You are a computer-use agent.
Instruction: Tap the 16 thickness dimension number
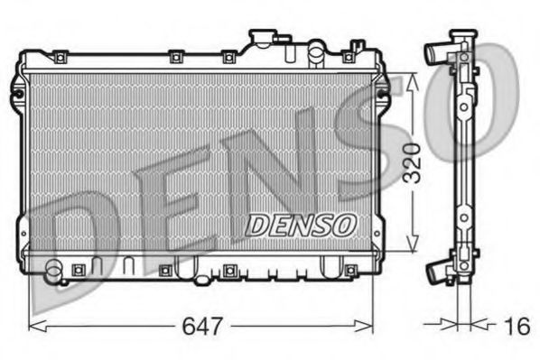tap(517, 326)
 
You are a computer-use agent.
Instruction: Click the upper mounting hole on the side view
tap(463, 106)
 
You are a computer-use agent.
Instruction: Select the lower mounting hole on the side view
tap(463, 218)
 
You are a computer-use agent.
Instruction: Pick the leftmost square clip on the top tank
tap(59, 58)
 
